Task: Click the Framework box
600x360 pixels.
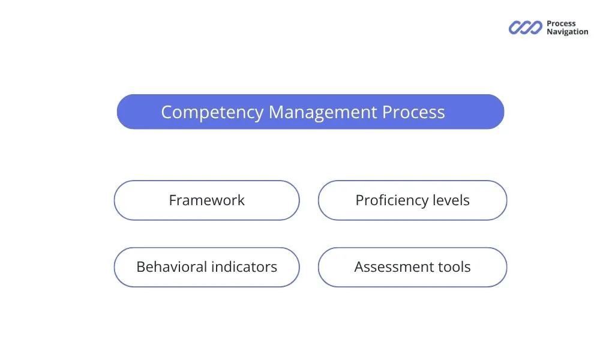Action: click(206, 200)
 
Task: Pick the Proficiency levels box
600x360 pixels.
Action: click(412, 200)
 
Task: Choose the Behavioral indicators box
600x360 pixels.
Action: click(206, 267)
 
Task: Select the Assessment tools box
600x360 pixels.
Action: click(412, 267)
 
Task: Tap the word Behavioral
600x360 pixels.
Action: click(171, 267)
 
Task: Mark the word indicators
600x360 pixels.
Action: click(243, 267)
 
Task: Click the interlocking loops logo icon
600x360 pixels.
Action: click(525, 28)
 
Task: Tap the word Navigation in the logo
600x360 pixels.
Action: click(567, 32)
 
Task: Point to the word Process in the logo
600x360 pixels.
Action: click(561, 24)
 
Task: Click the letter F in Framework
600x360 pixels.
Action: click(173, 200)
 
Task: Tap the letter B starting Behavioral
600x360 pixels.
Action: click(140, 267)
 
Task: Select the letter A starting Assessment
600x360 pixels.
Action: click(359, 267)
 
